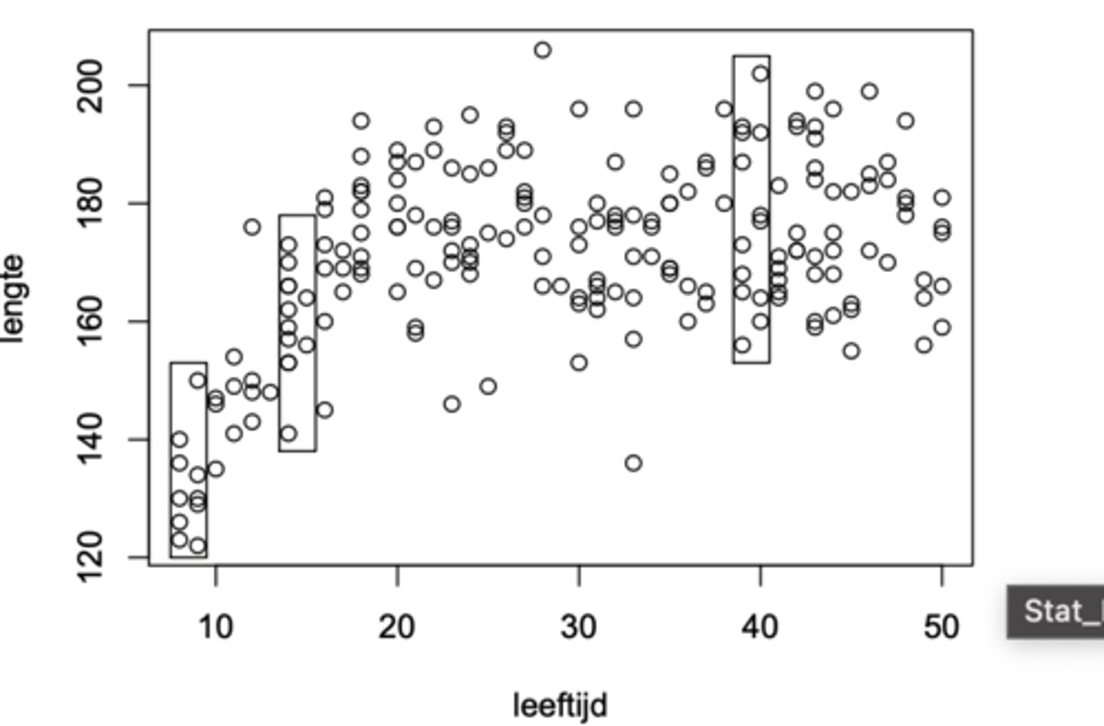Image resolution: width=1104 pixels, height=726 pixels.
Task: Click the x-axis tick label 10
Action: coord(215,627)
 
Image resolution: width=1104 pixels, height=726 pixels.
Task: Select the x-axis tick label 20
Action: coord(396,627)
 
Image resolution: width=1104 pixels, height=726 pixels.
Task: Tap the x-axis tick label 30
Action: coord(578,627)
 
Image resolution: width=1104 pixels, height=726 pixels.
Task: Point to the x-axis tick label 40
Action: coord(760,627)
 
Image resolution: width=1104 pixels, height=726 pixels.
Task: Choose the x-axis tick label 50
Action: coord(941,627)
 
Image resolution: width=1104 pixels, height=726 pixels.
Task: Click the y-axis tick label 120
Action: coord(91,557)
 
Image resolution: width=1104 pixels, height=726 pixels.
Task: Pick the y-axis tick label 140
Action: coord(91,439)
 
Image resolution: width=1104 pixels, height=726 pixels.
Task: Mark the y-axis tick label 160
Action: coord(91,321)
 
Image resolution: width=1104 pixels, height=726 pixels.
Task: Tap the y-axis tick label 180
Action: coord(91,203)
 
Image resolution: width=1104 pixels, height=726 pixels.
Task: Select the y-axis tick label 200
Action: coord(91,85)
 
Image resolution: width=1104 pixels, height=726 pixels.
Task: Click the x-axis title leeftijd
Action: coord(560,705)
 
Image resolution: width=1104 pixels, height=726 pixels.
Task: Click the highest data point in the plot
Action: coord(543,51)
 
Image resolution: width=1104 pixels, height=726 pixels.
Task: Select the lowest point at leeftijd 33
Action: coord(633,463)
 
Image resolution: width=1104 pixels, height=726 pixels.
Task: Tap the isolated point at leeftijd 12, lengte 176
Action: coord(252,227)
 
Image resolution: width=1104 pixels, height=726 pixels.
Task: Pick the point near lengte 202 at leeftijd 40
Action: coord(761,74)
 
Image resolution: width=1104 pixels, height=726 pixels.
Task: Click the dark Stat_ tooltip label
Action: coord(1058,612)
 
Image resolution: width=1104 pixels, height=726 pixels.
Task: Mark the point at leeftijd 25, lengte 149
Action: coord(488,386)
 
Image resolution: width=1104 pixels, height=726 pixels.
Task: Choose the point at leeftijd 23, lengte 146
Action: coord(452,404)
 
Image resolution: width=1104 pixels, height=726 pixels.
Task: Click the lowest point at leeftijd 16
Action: coord(325,410)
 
